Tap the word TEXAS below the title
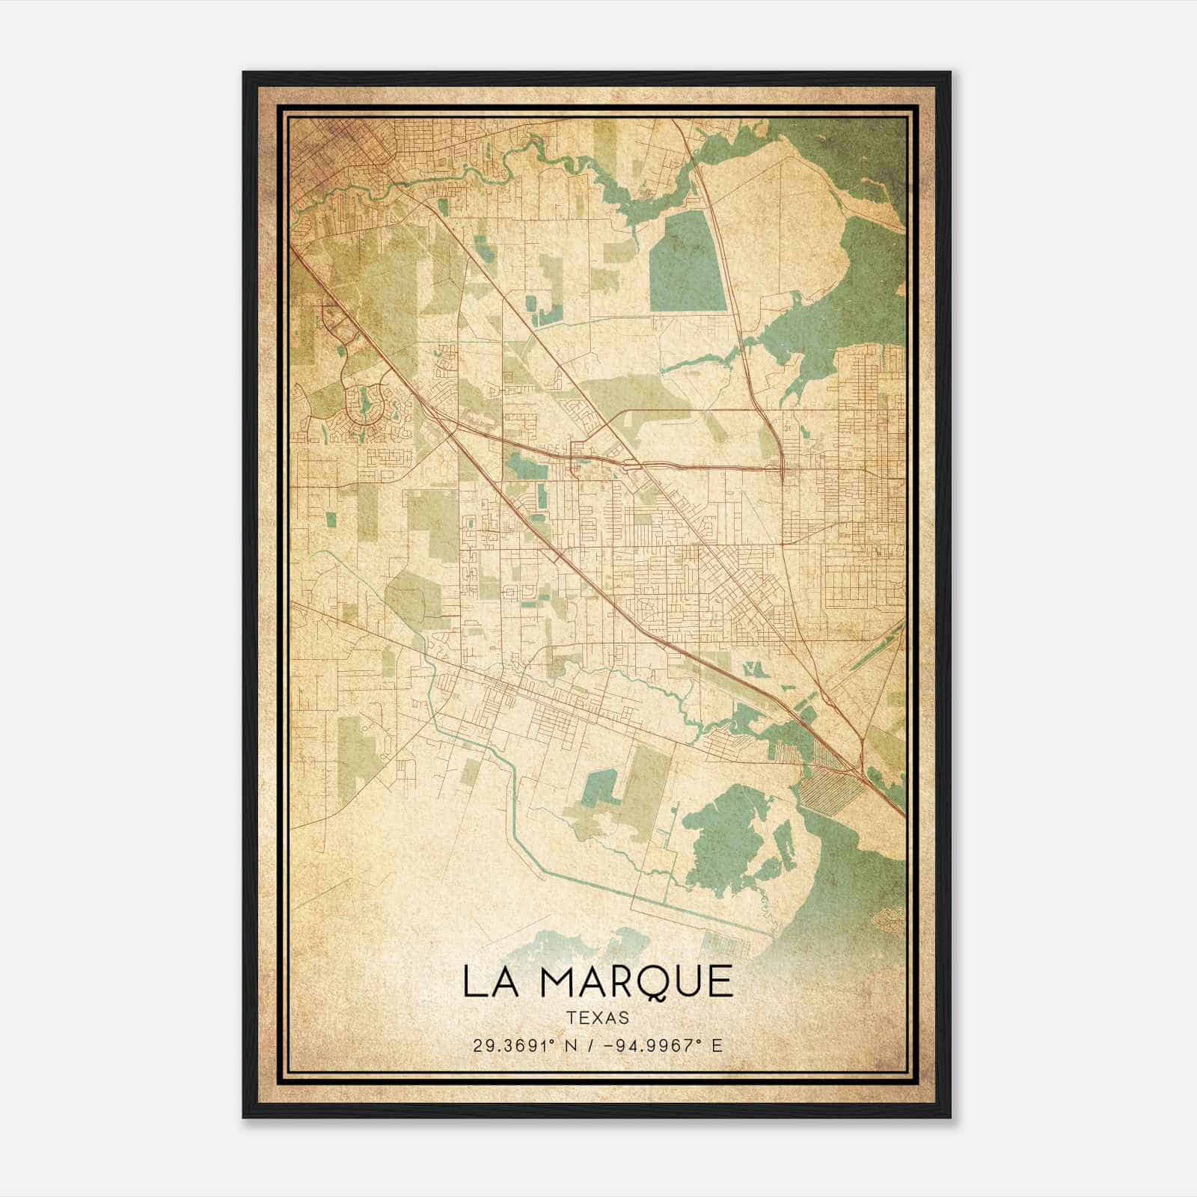pyautogui.click(x=598, y=1018)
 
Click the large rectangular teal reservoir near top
pyautogui.click(x=687, y=262)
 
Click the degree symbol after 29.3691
pyautogui.click(x=556, y=1041)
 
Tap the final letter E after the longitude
pyautogui.click(x=717, y=1045)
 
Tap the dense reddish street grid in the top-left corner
pyautogui.click(x=322, y=150)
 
